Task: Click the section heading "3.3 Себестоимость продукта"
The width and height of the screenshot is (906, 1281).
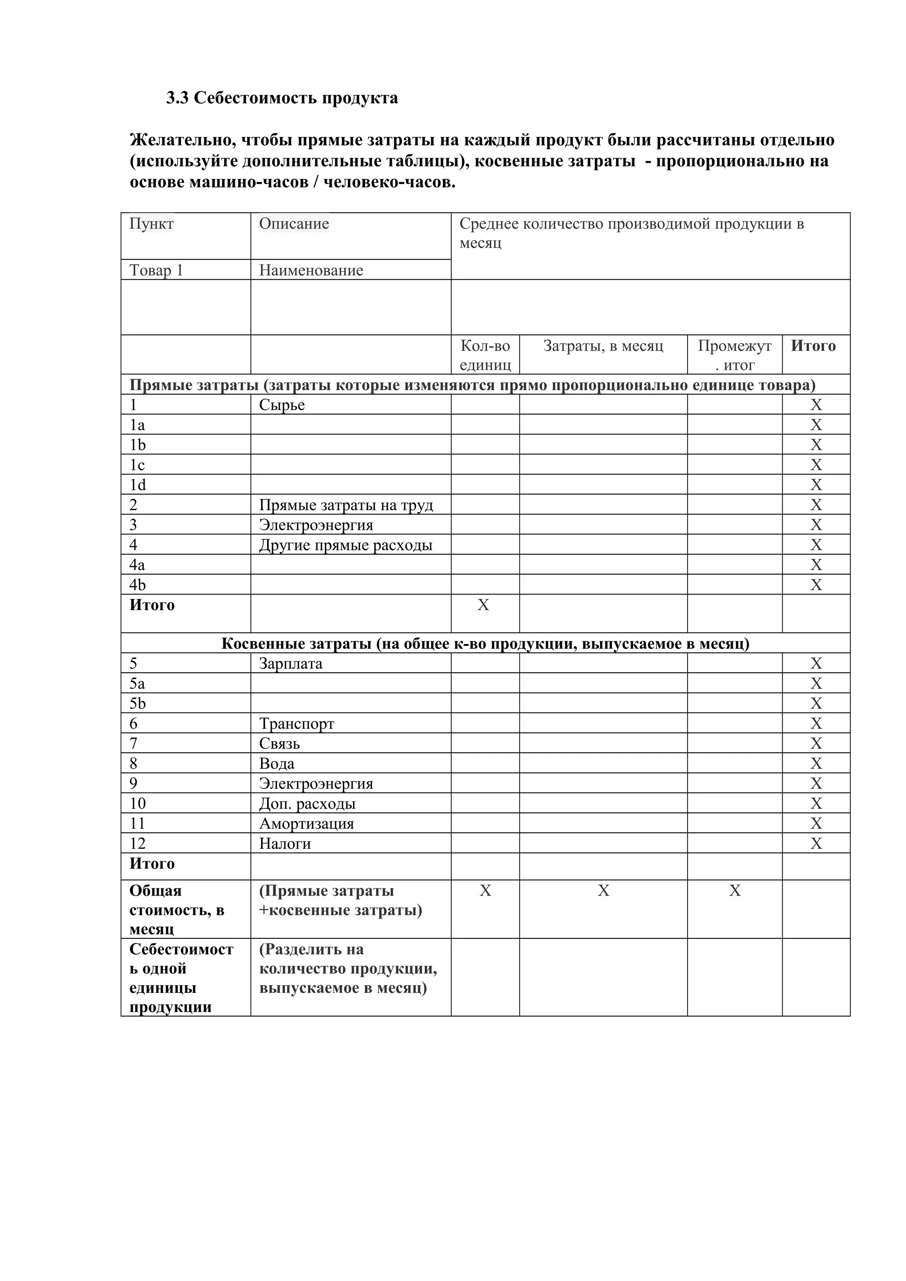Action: [282, 98]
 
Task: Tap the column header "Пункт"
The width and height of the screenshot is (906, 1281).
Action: [151, 224]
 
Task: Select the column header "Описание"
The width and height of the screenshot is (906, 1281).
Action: [294, 224]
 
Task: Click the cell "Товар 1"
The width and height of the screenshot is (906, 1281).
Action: [156, 270]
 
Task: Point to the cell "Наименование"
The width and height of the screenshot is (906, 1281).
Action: [311, 270]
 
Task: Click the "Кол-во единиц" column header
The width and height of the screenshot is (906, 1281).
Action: [485, 355]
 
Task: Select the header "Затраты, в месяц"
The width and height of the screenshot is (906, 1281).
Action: [603, 346]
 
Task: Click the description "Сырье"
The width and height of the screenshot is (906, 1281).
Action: [282, 404]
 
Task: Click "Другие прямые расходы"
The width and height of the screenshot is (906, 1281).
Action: [346, 545]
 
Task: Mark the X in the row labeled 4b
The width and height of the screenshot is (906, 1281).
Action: [816, 585]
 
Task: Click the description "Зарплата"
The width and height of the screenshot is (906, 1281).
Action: [290, 663]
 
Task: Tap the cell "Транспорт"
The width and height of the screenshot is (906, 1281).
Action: [296, 724]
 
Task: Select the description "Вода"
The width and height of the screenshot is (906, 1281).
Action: [276, 764]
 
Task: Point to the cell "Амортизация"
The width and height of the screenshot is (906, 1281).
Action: [307, 823]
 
